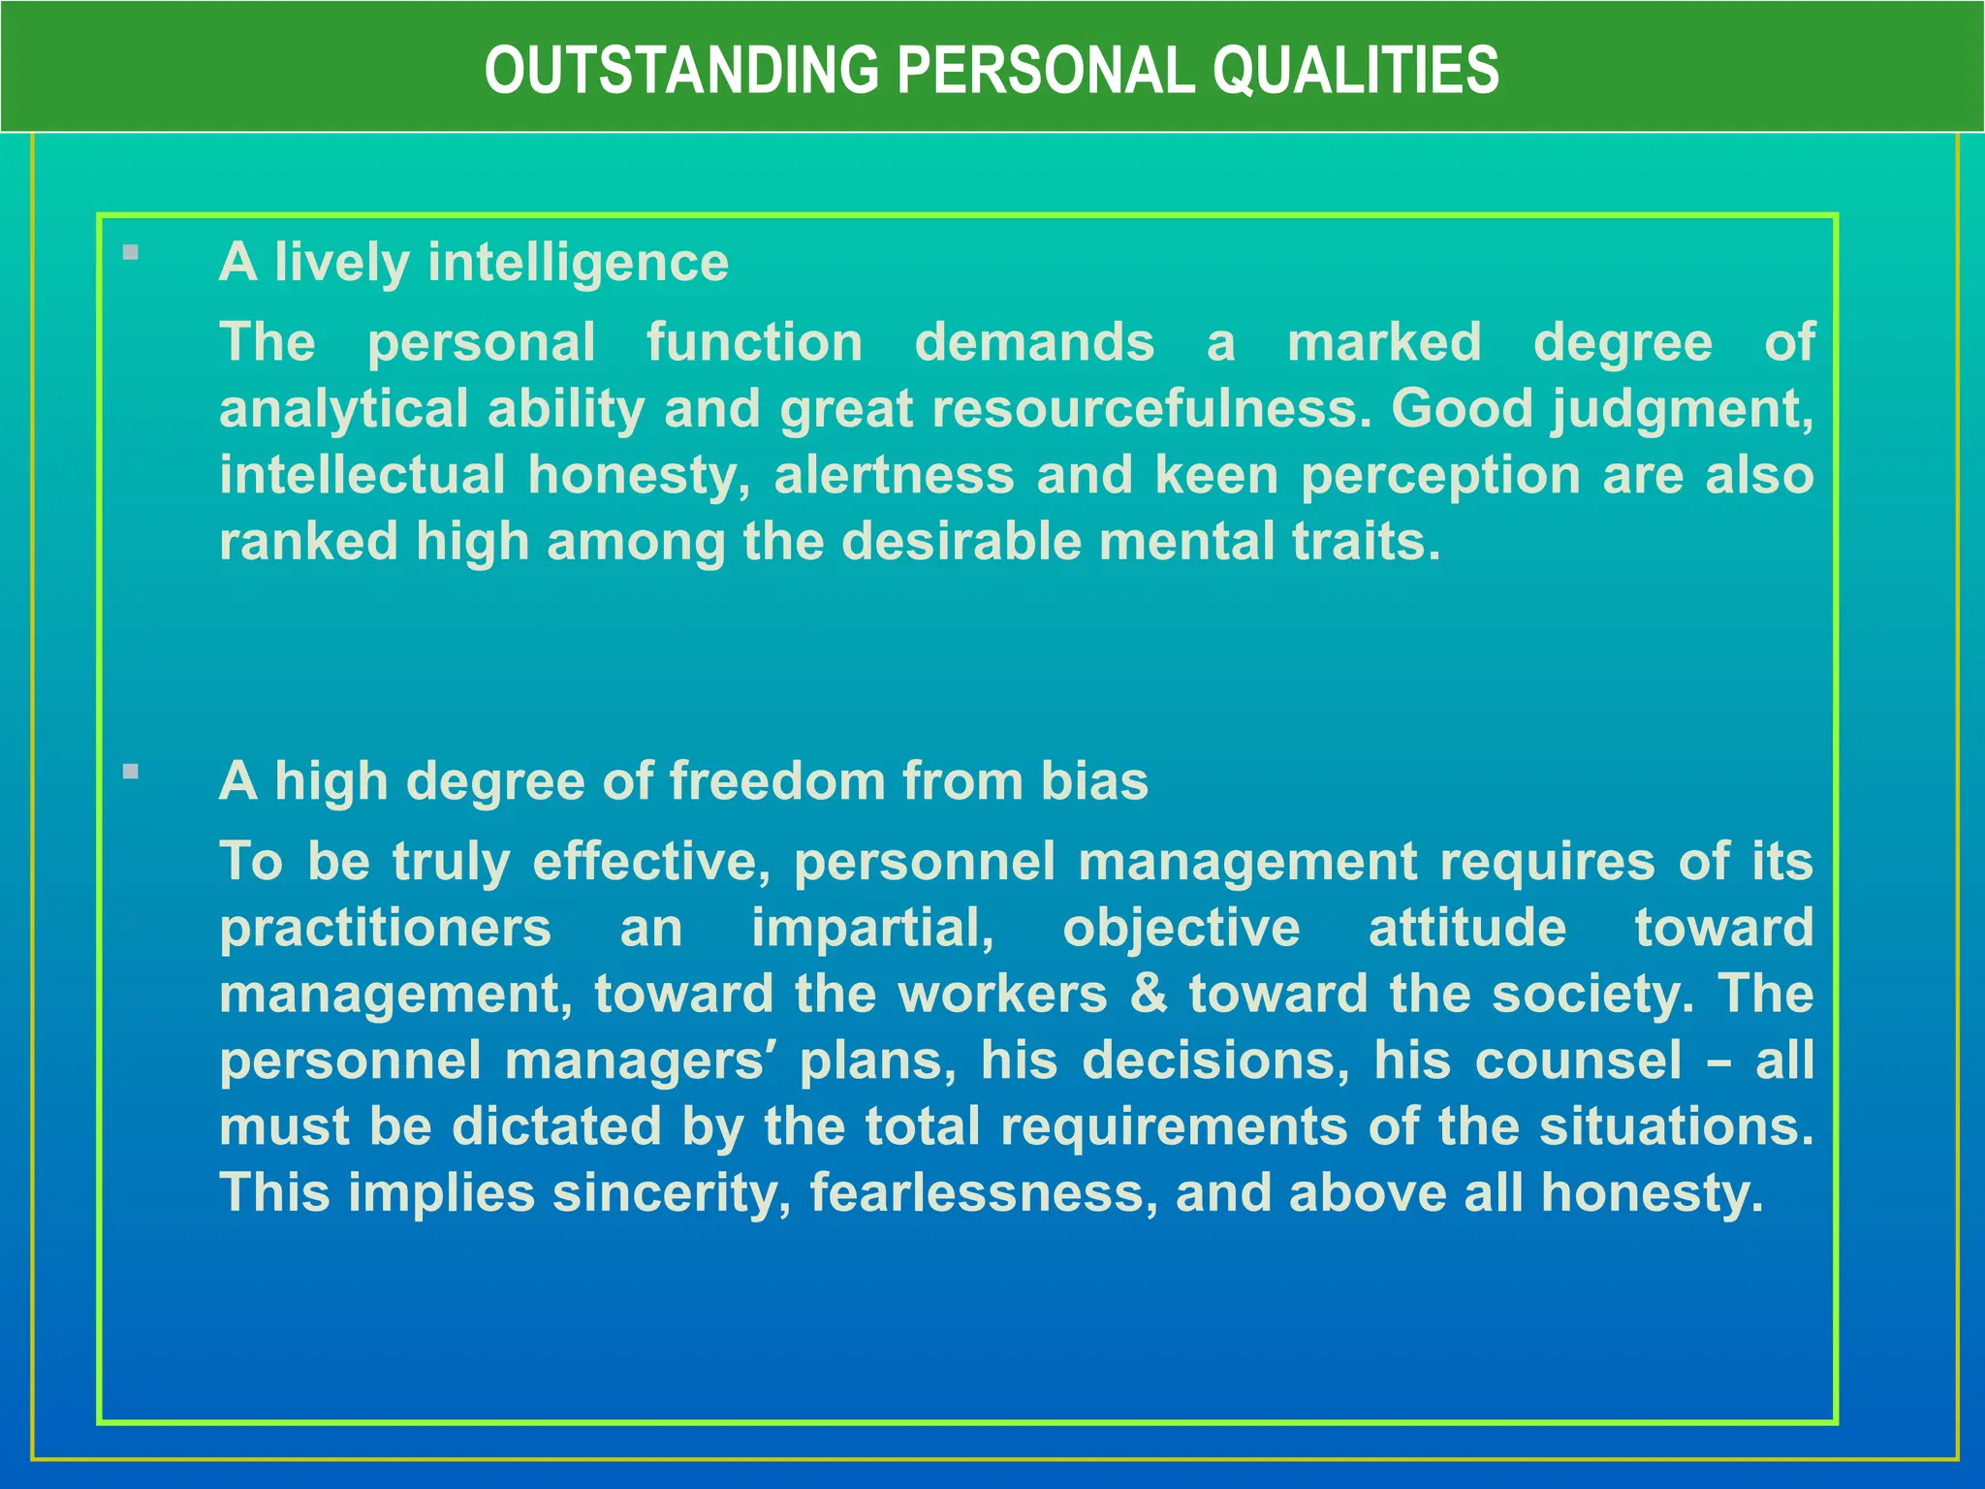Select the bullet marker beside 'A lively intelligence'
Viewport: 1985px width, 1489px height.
coord(132,254)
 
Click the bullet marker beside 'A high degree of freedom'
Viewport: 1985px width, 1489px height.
coord(132,773)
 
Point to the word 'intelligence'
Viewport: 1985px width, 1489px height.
coord(578,264)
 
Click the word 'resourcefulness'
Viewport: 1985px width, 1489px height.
coord(1151,408)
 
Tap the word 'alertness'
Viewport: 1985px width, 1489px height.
coord(895,475)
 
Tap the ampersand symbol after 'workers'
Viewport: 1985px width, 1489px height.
coord(1149,995)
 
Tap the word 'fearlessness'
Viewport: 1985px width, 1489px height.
coord(982,1192)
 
